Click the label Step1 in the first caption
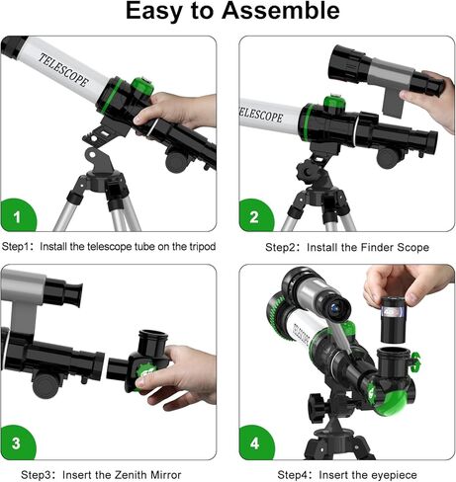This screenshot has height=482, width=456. coord(20,246)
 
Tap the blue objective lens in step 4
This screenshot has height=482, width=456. coord(337,309)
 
